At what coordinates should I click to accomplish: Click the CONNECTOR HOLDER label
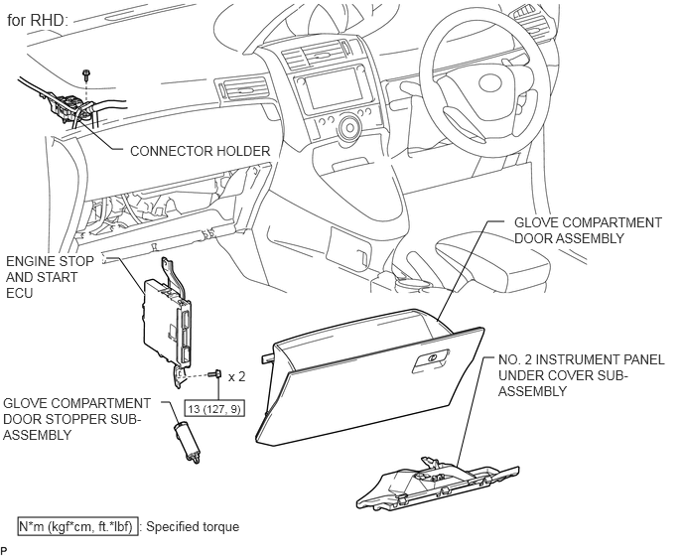(200, 151)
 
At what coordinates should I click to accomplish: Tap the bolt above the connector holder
(86, 74)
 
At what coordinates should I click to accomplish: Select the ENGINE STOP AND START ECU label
(50, 277)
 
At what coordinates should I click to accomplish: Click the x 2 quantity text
(236, 376)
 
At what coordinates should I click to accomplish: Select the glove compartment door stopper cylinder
(188, 442)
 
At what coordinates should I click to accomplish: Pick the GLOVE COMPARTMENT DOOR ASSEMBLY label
(588, 230)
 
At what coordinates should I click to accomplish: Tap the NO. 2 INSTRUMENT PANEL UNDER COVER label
(581, 375)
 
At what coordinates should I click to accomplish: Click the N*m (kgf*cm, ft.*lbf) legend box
(77, 526)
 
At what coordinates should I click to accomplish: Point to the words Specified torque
(193, 527)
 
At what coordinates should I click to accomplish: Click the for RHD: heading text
(38, 20)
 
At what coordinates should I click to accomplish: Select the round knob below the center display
(348, 127)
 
